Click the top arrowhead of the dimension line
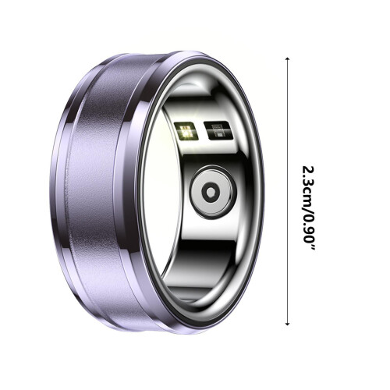tap(287, 59)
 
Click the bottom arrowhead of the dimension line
tap(287, 324)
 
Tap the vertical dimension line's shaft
tap(287, 191)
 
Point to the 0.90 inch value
tap(309, 228)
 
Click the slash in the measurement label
tap(309, 207)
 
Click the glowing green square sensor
tap(186, 130)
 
